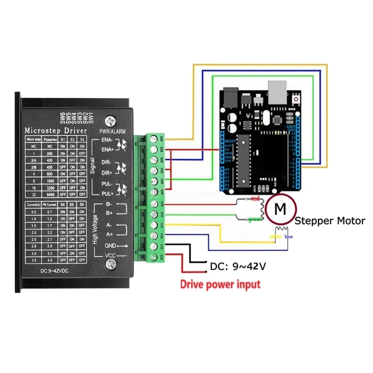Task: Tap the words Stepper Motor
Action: coord(330,221)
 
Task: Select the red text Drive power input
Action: coord(221,284)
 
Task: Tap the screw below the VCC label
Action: coord(111,265)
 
